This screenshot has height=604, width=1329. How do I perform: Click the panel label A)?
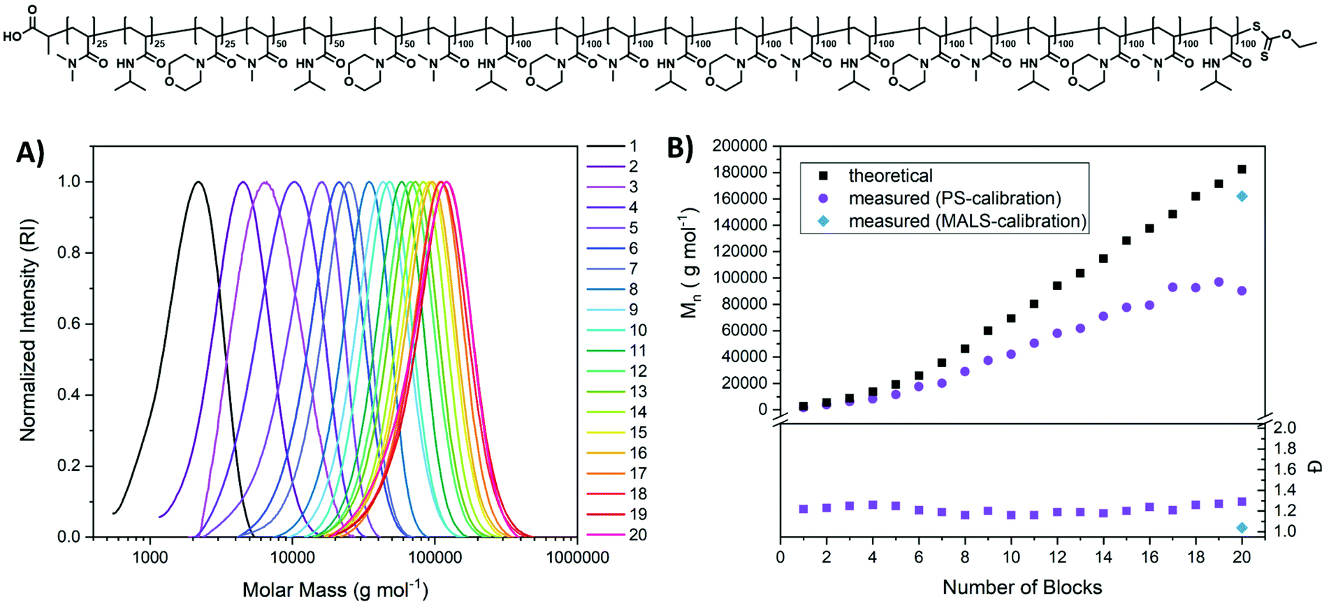pyautogui.click(x=30, y=153)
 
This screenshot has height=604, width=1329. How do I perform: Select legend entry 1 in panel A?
pyautogui.click(x=633, y=146)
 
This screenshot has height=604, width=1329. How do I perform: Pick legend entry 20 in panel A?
pyautogui.click(x=637, y=535)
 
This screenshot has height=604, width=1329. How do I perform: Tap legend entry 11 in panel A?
pyautogui.click(x=637, y=351)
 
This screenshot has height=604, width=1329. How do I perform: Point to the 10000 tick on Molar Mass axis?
pyautogui.click(x=291, y=558)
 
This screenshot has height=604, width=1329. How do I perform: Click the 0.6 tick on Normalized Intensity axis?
pyautogui.click(x=73, y=324)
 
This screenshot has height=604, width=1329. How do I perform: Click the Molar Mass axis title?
pyautogui.click(x=335, y=590)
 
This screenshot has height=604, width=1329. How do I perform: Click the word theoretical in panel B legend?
pyautogui.click(x=890, y=175)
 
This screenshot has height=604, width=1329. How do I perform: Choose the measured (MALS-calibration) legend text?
pyautogui.click(x=967, y=221)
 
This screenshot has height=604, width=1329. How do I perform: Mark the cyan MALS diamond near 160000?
pyautogui.click(x=1242, y=196)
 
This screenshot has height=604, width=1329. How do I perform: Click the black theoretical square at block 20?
pyautogui.click(x=1242, y=169)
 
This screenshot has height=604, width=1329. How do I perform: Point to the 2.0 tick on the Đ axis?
pyautogui.click(x=1285, y=428)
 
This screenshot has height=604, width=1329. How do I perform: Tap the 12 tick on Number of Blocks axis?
pyautogui.click(x=1057, y=557)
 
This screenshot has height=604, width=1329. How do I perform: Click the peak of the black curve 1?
pyautogui.click(x=198, y=182)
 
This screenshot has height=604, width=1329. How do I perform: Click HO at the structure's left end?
pyautogui.click(x=12, y=36)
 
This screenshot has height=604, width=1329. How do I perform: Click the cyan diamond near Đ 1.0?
pyautogui.click(x=1242, y=528)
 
